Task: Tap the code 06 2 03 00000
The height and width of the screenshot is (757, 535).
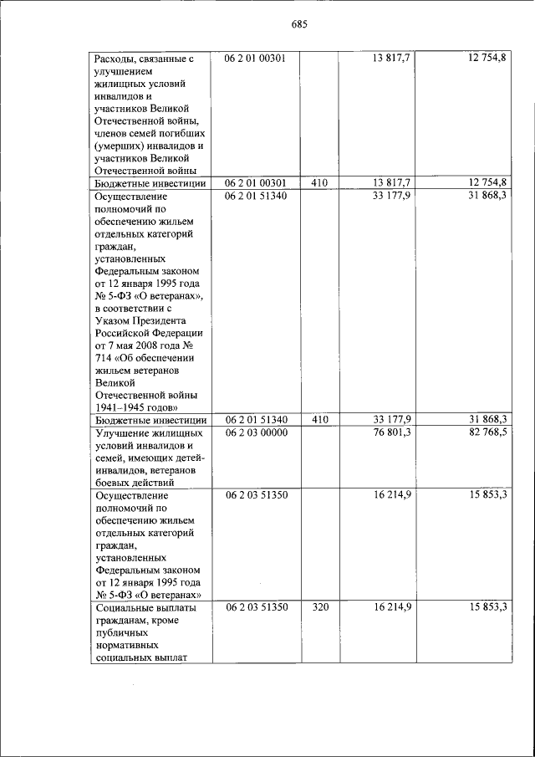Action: point(256,432)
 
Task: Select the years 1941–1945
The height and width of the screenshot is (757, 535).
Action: point(116,407)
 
